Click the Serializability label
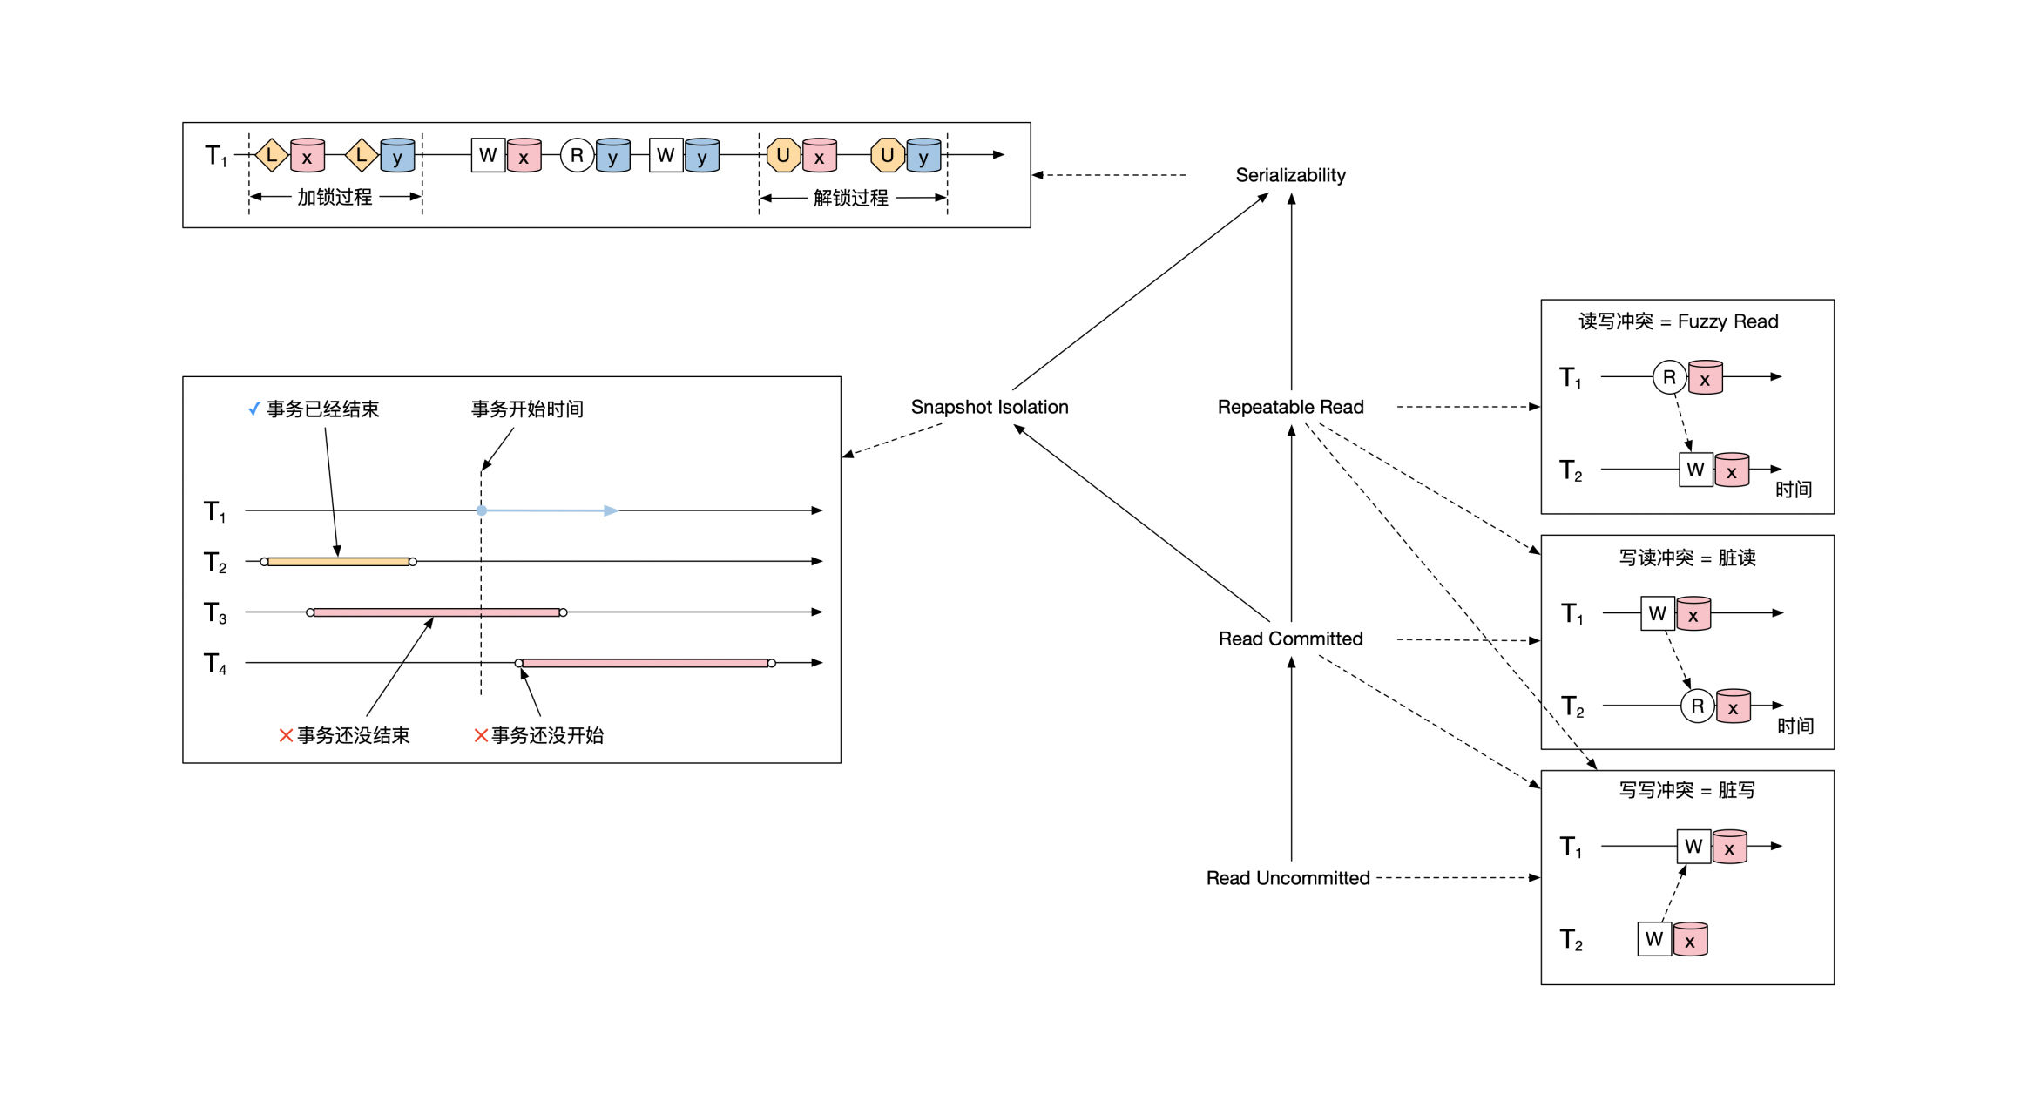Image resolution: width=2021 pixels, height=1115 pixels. tap(1290, 175)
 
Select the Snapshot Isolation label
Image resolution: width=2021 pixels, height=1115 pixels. tap(990, 407)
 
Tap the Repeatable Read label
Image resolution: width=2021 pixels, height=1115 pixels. tap(1290, 407)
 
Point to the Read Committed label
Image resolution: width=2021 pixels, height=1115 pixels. tap(1290, 639)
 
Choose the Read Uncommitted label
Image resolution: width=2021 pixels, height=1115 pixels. tap(1288, 878)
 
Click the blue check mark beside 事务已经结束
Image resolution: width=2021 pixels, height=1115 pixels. tap(254, 409)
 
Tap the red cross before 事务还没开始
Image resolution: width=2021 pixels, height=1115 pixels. tap(481, 735)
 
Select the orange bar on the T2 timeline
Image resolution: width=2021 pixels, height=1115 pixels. tap(338, 562)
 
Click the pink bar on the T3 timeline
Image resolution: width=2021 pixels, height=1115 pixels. tap(436, 612)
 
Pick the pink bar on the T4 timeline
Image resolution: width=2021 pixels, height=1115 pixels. tap(645, 663)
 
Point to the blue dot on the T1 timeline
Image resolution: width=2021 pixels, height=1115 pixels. tap(482, 510)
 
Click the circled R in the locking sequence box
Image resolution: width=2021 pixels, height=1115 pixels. tap(577, 156)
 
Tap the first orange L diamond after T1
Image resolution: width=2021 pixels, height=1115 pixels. tap(272, 156)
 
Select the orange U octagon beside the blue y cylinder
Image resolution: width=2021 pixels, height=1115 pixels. tap(888, 156)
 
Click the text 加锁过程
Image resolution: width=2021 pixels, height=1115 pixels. tap(335, 197)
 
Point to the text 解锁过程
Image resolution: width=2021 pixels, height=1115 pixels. tap(851, 198)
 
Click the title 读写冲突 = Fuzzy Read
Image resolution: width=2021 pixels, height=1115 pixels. tap(1679, 321)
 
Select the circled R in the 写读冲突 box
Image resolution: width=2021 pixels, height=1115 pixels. tap(1698, 706)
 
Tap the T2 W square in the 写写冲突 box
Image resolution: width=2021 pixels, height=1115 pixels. tap(1654, 939)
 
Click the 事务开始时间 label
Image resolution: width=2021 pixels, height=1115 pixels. tap(527, 409)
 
